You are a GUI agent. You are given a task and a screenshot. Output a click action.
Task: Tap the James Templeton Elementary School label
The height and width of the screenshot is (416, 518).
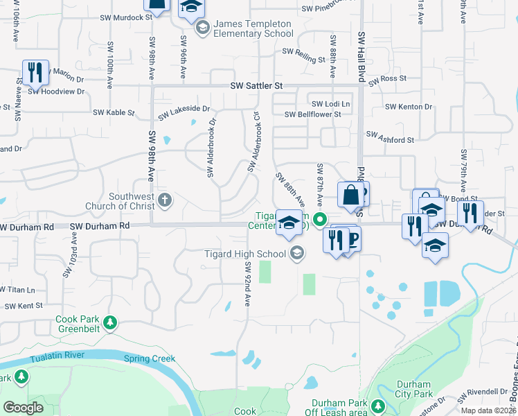click(253, 28)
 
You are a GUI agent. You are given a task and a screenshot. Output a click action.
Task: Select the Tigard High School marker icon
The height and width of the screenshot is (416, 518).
click(297, 253)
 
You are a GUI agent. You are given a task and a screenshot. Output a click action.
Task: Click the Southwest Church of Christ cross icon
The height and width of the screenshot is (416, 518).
click(164, 200)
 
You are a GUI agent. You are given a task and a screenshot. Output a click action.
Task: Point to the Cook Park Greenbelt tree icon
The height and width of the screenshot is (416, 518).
click(109, 322)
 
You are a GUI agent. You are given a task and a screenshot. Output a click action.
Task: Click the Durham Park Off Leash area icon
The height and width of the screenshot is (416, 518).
click(377, 406)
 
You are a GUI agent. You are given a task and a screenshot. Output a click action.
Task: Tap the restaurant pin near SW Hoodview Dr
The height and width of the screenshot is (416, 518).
click(34, 72)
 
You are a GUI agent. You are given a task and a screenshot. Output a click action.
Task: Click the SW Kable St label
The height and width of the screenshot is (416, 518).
click(114, 112)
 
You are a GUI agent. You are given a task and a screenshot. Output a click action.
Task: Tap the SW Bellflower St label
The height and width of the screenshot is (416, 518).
click(313, 114)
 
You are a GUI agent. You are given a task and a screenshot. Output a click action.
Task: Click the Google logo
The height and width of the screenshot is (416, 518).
click(24, 407)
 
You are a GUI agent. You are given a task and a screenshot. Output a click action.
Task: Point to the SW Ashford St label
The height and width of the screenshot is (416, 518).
click(390, 137)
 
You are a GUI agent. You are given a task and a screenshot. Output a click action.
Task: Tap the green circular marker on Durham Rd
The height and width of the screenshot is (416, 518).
click(319, 220)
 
